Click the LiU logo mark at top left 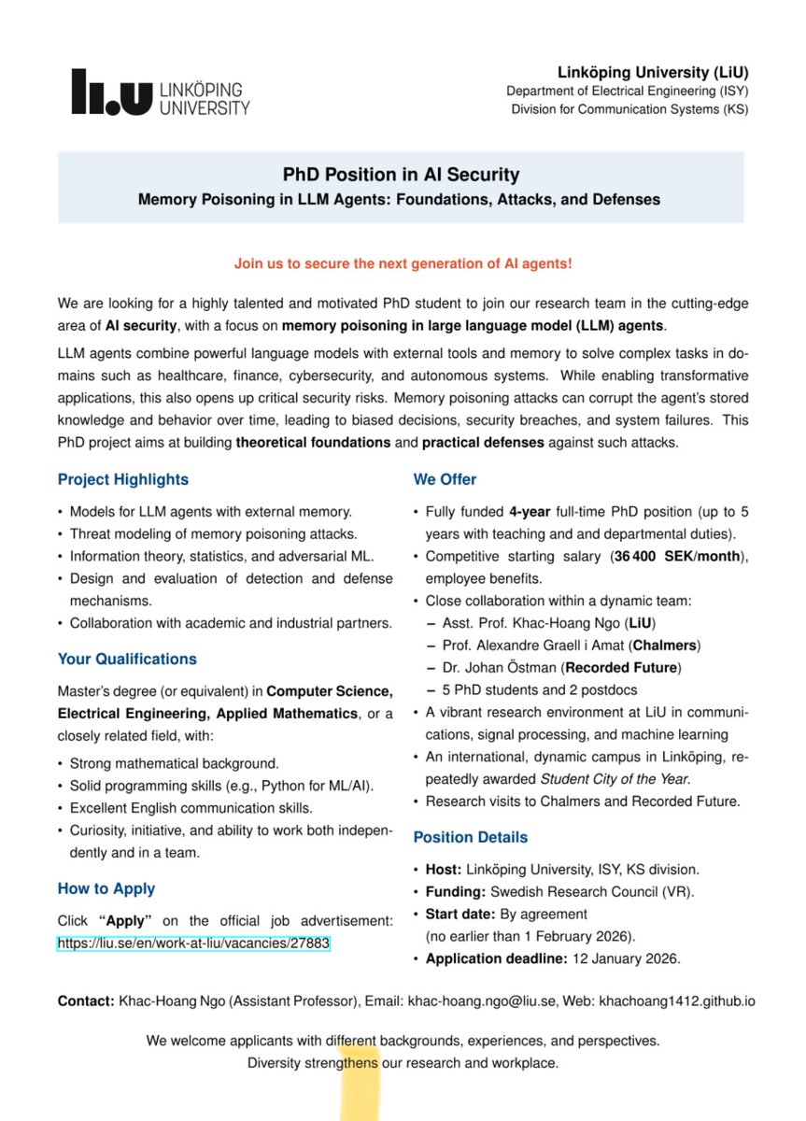tap(110, 92)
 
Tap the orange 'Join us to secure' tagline tap(403, 263)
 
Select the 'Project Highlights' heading tap(122, 479)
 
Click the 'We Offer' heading tap(445, 479)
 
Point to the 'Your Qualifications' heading tap(127, 659)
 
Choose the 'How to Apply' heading tap(106, 888)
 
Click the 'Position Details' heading tap(470, 837)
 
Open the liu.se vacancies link tap(193, 944)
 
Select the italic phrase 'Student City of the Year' tap(615, 779)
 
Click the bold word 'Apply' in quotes tap(124, 921)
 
